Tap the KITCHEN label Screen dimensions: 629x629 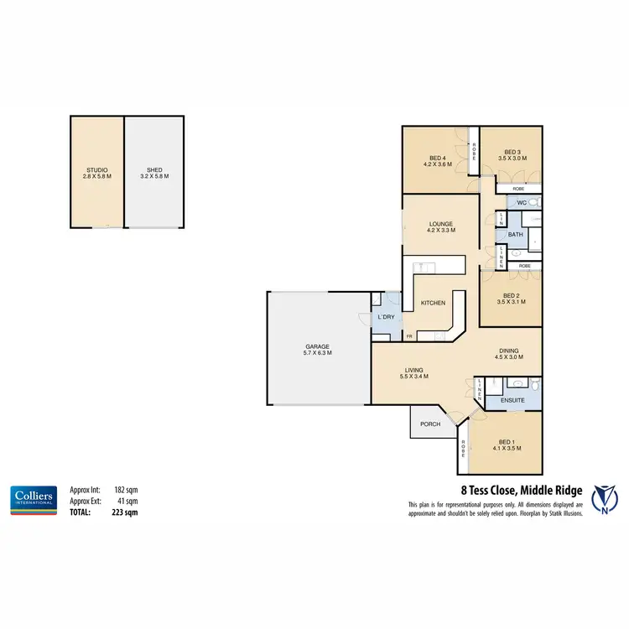pos(433,303)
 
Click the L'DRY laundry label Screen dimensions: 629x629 pos(387,317)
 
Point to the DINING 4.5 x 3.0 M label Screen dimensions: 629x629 pos(510,354)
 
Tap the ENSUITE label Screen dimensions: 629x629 pos(512,401)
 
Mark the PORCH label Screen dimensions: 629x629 pos(429,424)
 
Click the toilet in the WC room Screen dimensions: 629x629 pos(533,202)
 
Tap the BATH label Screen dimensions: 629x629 pos(515,235)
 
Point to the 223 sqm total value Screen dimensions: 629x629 pos(126,511)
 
